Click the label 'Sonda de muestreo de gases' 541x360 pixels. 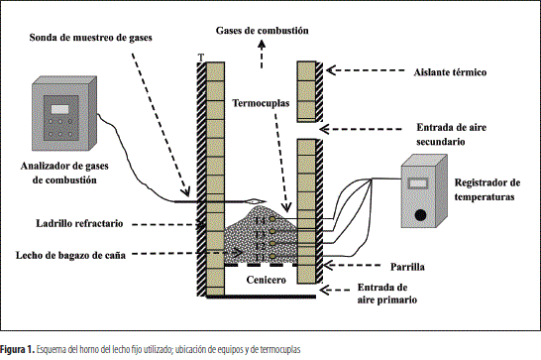90,38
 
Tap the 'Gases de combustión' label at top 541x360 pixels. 263,31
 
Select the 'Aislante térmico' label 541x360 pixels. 450,72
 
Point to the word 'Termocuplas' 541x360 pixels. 261,103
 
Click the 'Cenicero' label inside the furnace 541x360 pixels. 266,280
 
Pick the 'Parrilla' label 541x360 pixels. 407,267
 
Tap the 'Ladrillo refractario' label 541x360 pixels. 79,223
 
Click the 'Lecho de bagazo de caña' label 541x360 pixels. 70,255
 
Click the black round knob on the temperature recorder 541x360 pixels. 420,215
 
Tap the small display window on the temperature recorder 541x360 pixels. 418,183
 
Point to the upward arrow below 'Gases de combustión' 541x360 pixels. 262,54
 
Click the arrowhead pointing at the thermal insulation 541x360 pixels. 331,70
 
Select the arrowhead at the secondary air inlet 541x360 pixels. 324,129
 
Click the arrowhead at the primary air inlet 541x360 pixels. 324,290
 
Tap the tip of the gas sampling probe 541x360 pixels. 266,201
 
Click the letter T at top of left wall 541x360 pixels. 201,58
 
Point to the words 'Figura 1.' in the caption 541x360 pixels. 17,350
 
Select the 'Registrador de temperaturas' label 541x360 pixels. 487,189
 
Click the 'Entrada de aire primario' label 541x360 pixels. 386,294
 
